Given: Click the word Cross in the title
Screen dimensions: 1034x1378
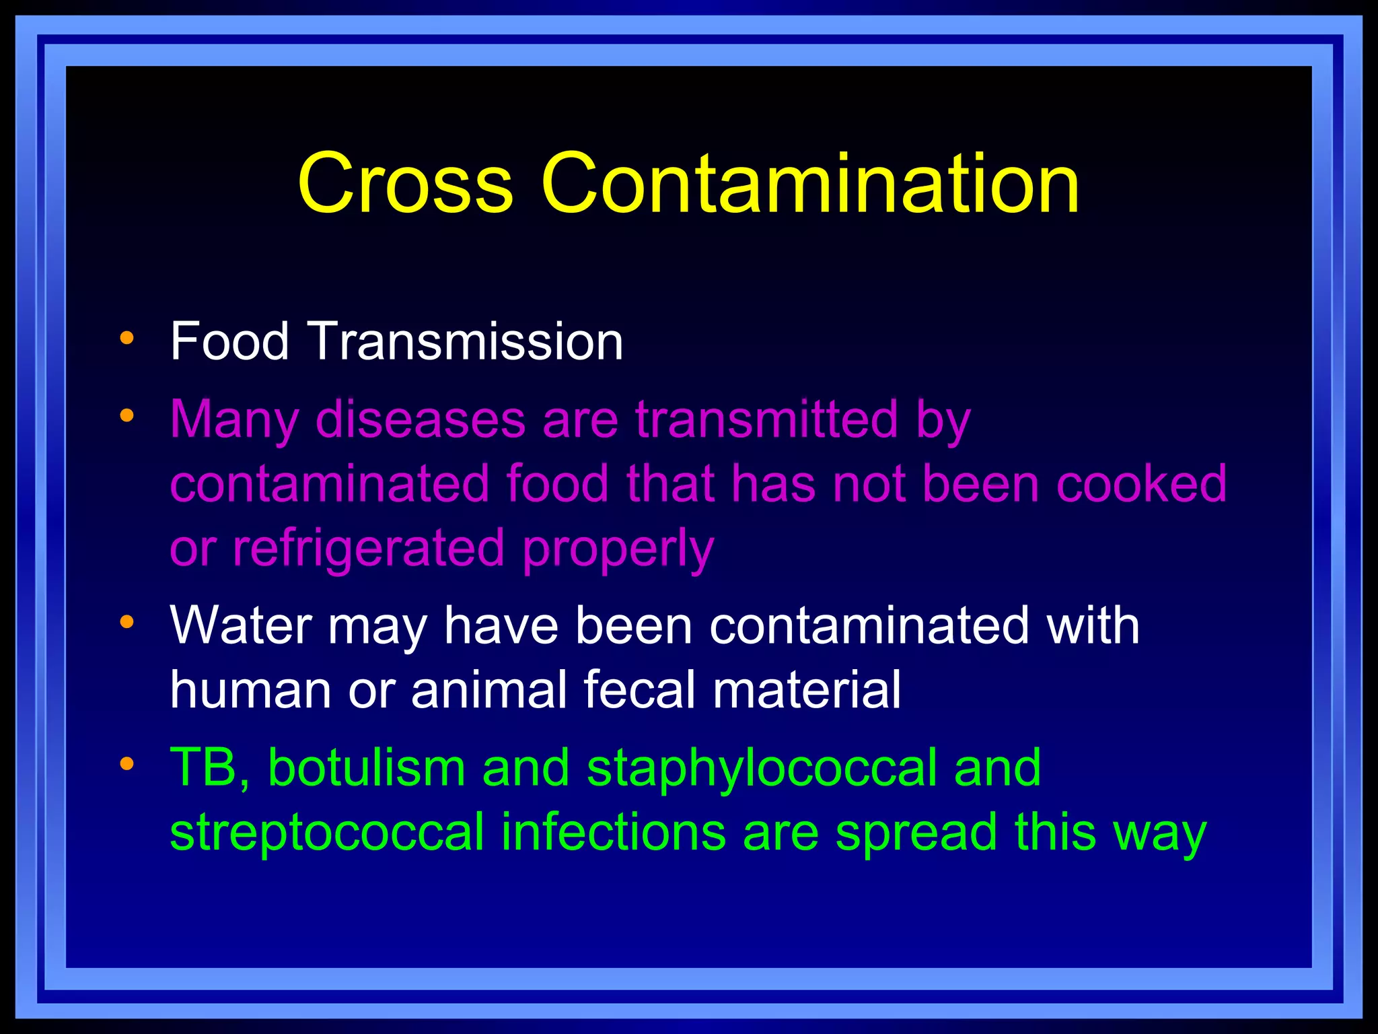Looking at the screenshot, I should pyautogui.click(x=405, y=183).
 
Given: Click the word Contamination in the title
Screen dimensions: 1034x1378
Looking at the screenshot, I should pyautogui.click(x=810, y=183).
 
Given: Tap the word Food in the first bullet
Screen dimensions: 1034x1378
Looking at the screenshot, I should pyautogui.click(x=229, y=341).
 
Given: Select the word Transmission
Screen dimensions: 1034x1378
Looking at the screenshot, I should pyautogui.click(x=466, y=341).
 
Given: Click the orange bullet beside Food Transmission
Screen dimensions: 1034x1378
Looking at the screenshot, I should pyautogui.click(x=126, y=337).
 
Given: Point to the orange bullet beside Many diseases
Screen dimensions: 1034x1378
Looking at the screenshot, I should pyautogui.click(x=126, y=415).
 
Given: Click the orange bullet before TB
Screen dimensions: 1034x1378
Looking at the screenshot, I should pyautogui.click(x=126, y=763).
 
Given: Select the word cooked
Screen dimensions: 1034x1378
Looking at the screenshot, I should pyautogui.click(x=1141, y=483).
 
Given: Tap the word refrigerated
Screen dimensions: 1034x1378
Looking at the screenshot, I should pyautogui.click(x=369, y=548).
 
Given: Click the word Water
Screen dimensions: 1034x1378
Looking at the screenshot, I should pyautogui.click(x=241, y=625).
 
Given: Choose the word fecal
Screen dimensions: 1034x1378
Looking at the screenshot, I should pyautogui.click(x=639, y=689).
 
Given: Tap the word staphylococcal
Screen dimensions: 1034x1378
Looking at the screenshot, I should pyautogui.click(x=762, y=769).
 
